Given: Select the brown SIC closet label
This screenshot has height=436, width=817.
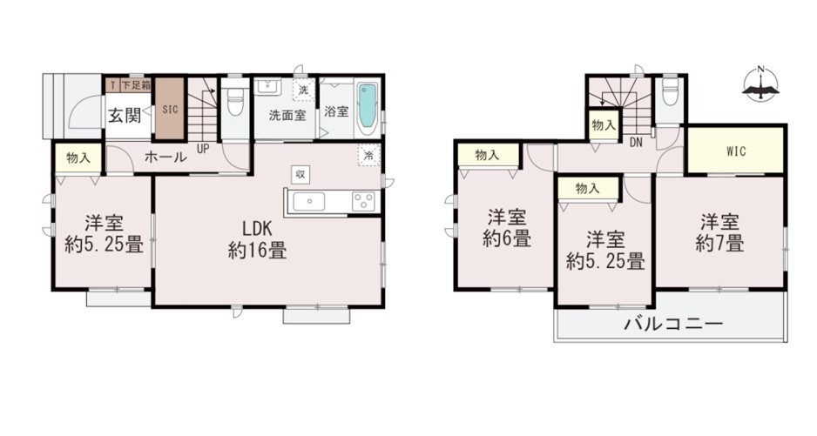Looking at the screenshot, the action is coord(170,110).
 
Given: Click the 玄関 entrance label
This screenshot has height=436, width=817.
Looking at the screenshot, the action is coord(125,115).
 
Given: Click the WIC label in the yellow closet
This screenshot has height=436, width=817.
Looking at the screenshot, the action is coord(736,151).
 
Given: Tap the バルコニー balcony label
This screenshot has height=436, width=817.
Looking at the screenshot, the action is coord(673,324).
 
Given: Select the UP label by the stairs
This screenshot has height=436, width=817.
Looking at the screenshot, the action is coord(203,149).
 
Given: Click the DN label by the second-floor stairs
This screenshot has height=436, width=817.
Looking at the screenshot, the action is coord(636,142).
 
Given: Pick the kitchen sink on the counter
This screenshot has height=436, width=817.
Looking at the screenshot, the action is coord(309,202).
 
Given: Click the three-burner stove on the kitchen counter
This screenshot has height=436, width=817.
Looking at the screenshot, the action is coord(363,202).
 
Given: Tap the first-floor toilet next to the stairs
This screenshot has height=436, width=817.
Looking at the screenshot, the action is coord(236,101).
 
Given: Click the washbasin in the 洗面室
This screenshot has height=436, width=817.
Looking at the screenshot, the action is coord(267,86).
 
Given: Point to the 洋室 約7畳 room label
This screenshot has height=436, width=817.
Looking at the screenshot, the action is coord(719,232).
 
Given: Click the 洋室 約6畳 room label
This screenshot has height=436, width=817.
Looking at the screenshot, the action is coord(507,228).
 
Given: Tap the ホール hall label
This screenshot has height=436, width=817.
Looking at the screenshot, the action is coord(165,157).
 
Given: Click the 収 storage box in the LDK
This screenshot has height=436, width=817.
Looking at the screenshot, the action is coord(300,175).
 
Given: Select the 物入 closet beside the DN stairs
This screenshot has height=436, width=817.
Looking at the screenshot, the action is coord(604,125).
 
